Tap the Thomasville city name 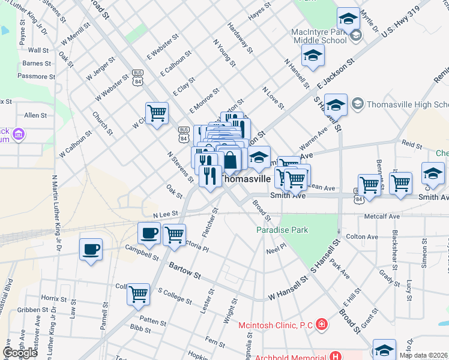(246, 178)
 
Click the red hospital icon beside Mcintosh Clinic (323, 325)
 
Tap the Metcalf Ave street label (385, 217)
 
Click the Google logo (20, 353)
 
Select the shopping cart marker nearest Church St (157, 112)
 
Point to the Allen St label (35, 115)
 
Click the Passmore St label (37, 76)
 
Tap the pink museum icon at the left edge (19, 133)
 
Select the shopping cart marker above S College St (139, 294)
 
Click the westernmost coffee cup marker (91, 249)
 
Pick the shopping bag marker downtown (231, 160)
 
